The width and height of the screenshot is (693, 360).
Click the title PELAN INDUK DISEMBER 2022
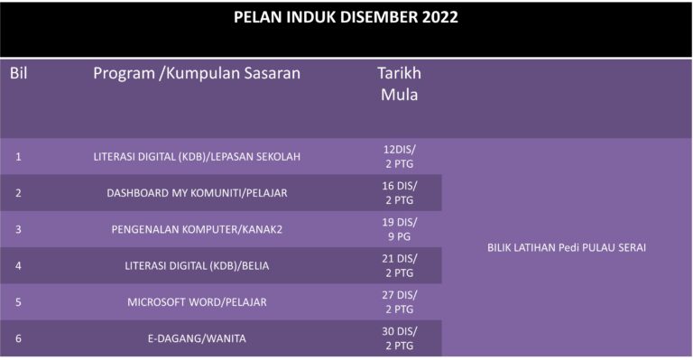[346, 17]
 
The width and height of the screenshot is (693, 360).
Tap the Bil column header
[19, 73]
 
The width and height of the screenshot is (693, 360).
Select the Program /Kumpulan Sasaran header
[197, 73]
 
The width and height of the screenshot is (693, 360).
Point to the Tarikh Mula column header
[398, 83]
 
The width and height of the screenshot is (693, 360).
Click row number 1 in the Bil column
[19, 156]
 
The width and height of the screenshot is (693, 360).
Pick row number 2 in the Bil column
[19, 193]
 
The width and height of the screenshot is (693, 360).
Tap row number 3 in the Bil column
[19, 229]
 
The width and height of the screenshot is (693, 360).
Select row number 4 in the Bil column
[19, 265]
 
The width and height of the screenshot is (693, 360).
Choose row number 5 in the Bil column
[19, 301]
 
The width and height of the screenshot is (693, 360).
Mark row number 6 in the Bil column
[19, 338]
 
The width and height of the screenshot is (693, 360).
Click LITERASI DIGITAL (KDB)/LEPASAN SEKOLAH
[197, 156]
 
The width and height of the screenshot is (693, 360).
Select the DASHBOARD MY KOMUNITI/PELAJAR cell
[197, 193]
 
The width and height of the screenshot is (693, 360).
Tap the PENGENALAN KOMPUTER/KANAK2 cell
[197, 229]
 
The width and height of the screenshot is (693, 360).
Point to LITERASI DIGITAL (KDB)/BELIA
[197, 265]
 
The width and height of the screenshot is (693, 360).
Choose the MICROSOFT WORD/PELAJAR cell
[197, 301]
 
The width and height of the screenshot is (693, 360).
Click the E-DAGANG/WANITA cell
[197, 338]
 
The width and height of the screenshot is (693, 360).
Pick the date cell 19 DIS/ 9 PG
[398, 229]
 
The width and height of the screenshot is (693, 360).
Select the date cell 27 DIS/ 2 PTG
[398, 301]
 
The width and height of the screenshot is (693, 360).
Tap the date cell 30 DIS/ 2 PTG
[398, 338]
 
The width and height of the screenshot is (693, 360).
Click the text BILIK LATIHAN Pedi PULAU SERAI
[567, 247]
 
